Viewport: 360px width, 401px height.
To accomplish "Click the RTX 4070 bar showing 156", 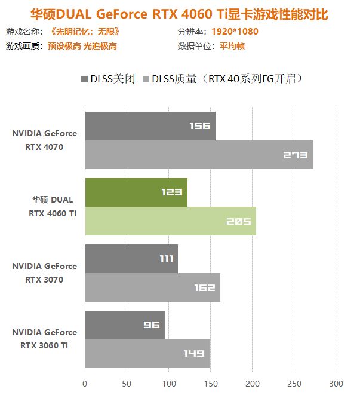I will [150, 125].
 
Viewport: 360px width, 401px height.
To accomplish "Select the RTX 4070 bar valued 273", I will [199, 155].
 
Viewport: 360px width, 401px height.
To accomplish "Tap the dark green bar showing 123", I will [136, 192].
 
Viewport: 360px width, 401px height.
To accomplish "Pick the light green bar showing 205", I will [170, 221].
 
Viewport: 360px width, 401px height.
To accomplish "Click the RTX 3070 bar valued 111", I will [131, 259].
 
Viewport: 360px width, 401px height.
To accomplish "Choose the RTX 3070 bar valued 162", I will [152, 287].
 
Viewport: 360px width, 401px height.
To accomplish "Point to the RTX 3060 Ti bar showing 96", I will [125, 325].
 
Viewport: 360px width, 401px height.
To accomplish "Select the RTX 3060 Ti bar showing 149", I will [147, 354].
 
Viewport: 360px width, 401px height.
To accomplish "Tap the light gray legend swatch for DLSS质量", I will [146, 79].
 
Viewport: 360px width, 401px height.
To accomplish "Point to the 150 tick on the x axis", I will [210, 383].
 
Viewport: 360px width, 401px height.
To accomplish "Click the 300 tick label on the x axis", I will [336, 383].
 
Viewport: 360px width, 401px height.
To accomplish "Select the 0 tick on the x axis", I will [85, 383].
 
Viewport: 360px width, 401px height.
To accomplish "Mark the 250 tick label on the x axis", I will [294, 383].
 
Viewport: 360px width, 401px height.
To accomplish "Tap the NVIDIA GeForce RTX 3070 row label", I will [45, 273].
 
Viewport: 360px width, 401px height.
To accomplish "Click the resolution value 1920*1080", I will [235, 32].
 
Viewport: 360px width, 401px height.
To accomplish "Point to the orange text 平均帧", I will [231, 46].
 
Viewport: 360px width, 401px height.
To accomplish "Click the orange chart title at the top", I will [180, 13].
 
